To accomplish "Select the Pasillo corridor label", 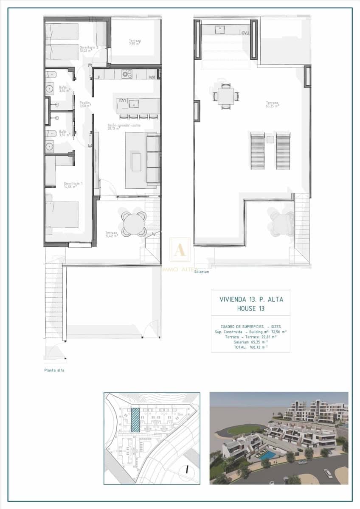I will click(85, 104).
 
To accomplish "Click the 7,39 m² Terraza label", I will click(135, 42).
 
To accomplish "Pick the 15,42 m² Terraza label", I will click(112, 234).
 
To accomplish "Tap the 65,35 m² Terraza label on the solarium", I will click(272, 104).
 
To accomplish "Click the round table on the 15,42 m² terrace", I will click(134, 224).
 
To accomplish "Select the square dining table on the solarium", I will click(226, 96).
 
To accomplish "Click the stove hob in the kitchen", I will click(127, 74).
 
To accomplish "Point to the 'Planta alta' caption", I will click(54, 370).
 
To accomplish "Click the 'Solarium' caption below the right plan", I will click(202, 272).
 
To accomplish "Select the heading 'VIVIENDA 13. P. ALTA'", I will click(251, 299).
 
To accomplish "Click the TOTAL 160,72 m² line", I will click(250, 347).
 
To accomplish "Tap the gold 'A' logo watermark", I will click(180, 250).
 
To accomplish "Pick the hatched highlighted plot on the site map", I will click(135, 420).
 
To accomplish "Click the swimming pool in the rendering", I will click(267, 455).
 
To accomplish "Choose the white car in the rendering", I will click(328, 473).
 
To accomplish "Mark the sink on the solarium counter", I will click(220, 30).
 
